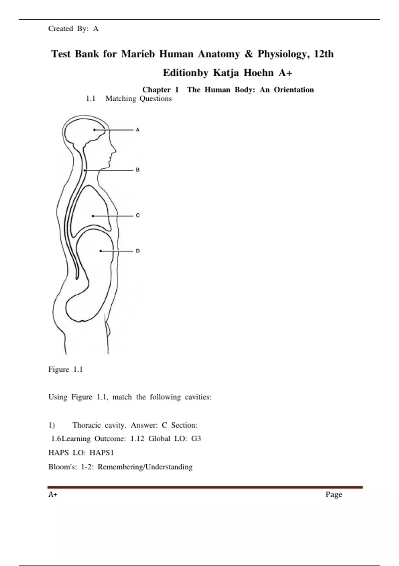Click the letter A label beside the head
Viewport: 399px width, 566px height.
138,130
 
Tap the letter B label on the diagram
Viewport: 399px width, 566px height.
138,170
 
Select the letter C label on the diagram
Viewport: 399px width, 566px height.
138,215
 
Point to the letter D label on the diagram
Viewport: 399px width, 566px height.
138,251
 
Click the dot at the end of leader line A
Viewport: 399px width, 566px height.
94,130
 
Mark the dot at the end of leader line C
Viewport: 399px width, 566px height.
93,216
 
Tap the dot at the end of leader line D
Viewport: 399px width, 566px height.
101,251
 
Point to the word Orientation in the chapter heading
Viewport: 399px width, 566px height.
294,90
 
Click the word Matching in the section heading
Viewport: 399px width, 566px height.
121,99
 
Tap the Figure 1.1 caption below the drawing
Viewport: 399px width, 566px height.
66,369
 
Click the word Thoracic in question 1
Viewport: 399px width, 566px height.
86,425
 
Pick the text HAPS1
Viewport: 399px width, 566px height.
102,452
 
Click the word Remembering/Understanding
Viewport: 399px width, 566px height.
145,467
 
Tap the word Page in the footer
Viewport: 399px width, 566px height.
334,494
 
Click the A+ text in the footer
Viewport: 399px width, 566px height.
53,494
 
